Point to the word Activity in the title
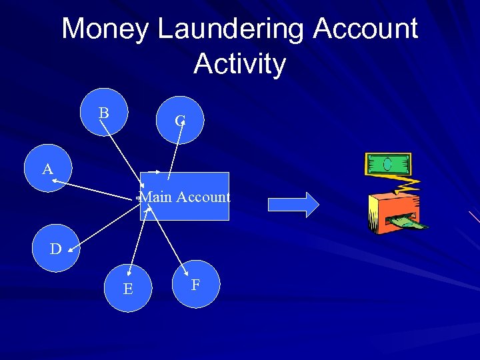coord(239,64)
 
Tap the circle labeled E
coord(128,288)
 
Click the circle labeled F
coord(196,284)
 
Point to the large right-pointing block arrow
coord(293,204)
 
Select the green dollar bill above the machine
coord(387,164)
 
